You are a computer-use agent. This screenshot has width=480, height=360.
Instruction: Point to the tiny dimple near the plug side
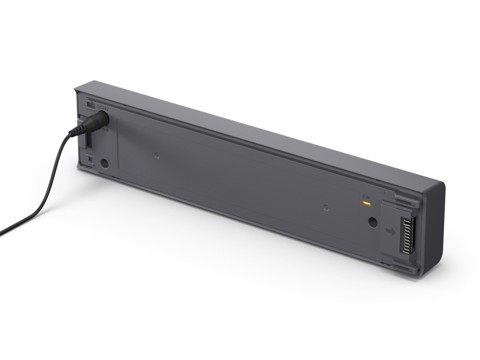click(157, 155)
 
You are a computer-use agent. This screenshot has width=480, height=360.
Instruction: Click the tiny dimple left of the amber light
click(325, 207)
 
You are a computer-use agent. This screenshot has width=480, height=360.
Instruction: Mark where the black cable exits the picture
click(2, 232)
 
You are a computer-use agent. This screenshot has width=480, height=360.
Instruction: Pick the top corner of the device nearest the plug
click(79, 87)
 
